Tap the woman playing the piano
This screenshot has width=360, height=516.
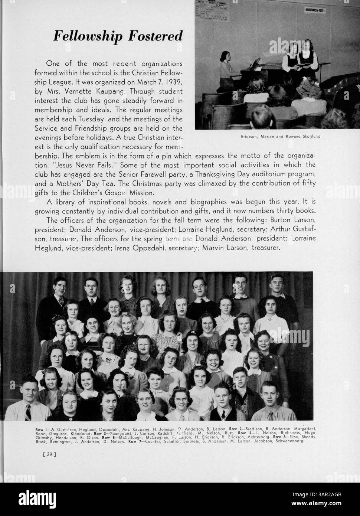[227, 69]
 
